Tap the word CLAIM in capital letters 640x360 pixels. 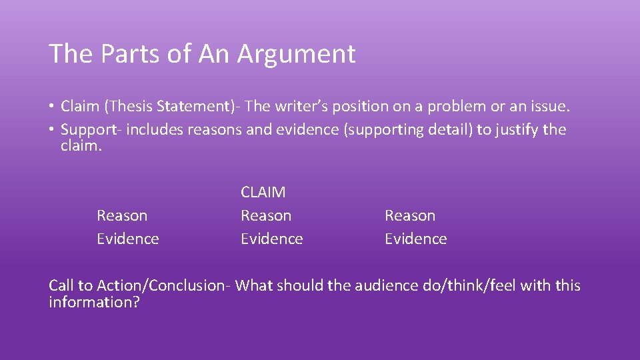(263, 193)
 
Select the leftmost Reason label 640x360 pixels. (122, 215)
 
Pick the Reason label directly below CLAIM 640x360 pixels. (266, 215)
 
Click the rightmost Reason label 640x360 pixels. (410, 215)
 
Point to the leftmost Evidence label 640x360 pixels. (128, 239)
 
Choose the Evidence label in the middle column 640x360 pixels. (272, 239)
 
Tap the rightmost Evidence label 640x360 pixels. (416, 239)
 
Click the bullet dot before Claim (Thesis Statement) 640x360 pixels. (51, 107)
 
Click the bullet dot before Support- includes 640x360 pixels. (51, 130)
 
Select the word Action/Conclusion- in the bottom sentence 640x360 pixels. (164, 286)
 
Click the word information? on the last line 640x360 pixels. (94, 303)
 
